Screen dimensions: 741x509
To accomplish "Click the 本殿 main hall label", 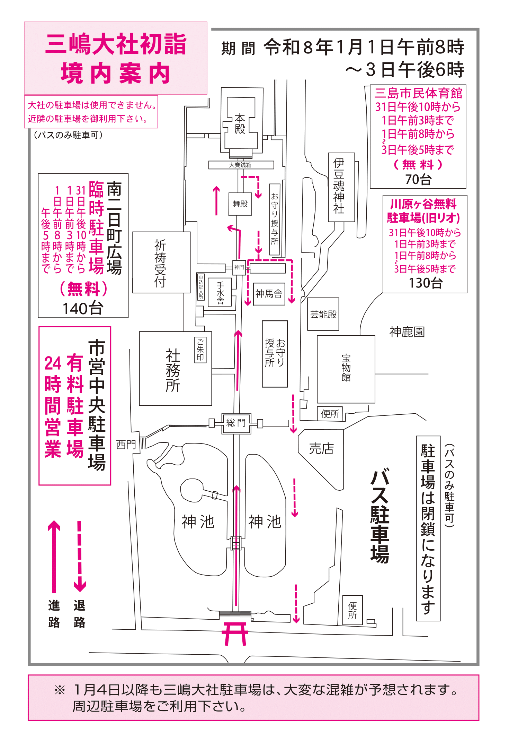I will (240, 124).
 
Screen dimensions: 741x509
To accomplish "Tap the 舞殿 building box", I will (240, 204).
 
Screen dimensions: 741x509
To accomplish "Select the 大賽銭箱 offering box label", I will (240, 165).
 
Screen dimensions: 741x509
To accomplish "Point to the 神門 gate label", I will (239, 267).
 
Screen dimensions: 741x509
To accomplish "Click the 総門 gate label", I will (236, 423).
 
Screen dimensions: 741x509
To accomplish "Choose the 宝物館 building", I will (346, 369).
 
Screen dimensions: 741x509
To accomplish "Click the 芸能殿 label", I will (323, 314).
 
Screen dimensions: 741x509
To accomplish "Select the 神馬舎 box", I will (269, 294).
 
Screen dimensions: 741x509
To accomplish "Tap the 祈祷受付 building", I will (161, 262).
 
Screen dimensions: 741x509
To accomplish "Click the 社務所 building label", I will (173, 371).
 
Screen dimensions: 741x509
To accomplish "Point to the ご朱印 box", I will (200, 350).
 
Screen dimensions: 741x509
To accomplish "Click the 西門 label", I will (126, 444).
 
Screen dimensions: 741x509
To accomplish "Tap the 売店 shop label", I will (321, 449).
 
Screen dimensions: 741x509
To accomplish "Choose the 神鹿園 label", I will (407, 332).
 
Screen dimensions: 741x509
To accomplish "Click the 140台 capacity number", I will (83, 308).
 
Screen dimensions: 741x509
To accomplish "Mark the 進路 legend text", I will (54, 614).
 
